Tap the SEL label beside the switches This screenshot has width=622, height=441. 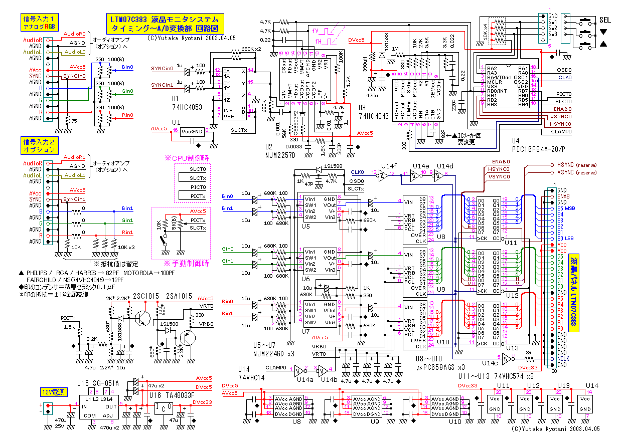(605, 21)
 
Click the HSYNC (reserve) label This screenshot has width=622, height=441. (577, 164)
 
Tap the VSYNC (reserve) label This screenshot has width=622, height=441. (577, 172)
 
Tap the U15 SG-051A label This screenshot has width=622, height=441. (98, 383)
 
